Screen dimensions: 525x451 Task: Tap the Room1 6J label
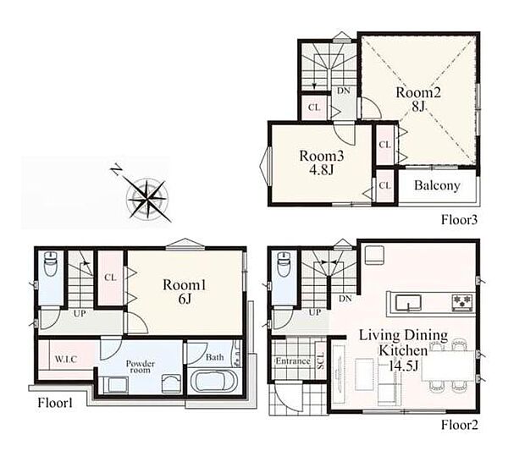tap(185, 291)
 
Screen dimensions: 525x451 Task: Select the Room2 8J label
tap(418, 99)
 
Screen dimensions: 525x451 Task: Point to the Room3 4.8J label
tap(321, 163)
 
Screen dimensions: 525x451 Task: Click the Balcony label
tap(437, 185)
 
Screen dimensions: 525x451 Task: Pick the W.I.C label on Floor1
tap(66, 360)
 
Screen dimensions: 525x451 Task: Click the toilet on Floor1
tap(51, 264)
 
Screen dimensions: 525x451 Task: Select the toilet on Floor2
tap(284, 264)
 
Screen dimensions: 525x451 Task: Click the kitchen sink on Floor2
tap(408, 303)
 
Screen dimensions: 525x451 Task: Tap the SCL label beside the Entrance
tap(321, 360)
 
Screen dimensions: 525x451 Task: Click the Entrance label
tap(293, 361)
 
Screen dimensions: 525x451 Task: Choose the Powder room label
tap(141, 366)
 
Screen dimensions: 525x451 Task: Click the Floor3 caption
tap(459, 220)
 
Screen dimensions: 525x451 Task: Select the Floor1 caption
tap(55, 403)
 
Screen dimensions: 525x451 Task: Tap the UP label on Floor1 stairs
tap(80, 313)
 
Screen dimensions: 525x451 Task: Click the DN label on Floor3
tap(344, 91)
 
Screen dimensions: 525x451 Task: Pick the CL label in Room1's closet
tap(110, 278)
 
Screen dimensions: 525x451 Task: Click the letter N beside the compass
tap(117, 169)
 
